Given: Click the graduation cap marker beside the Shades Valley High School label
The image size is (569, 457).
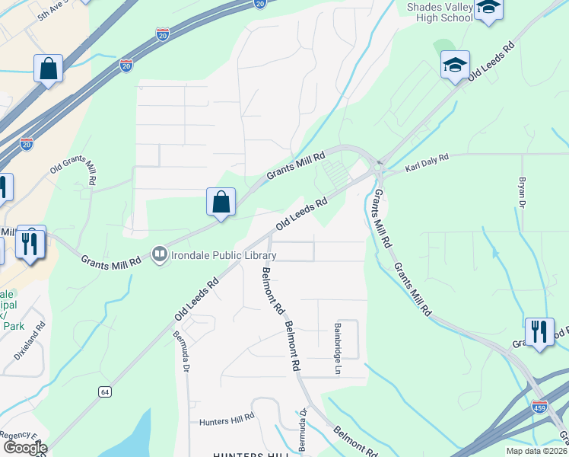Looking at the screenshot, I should tap(488, 9).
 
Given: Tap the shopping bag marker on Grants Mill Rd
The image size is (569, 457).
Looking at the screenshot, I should tap(221, 203).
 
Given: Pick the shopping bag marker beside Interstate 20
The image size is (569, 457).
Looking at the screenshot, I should tap(49, 69).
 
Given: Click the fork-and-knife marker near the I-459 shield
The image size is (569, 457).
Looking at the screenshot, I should tap(539, 332).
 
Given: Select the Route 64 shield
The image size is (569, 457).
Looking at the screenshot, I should tap(105, 391).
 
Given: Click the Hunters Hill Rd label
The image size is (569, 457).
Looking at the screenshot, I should tap(226, 420).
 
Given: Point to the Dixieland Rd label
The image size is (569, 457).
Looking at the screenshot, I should tap(30, 341).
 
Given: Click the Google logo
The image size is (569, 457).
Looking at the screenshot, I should tap(25, 448).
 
